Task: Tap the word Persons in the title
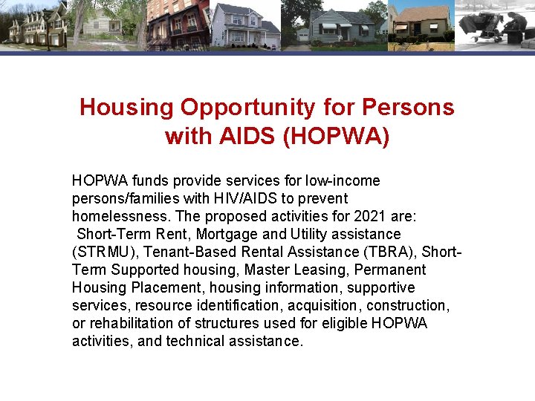pos(408,108)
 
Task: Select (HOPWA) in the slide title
pos(337,137)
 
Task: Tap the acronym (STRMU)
pos(104,252)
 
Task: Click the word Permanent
pos(390,270)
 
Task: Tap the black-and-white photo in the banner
pos(494,25)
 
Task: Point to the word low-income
pos(343,180)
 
